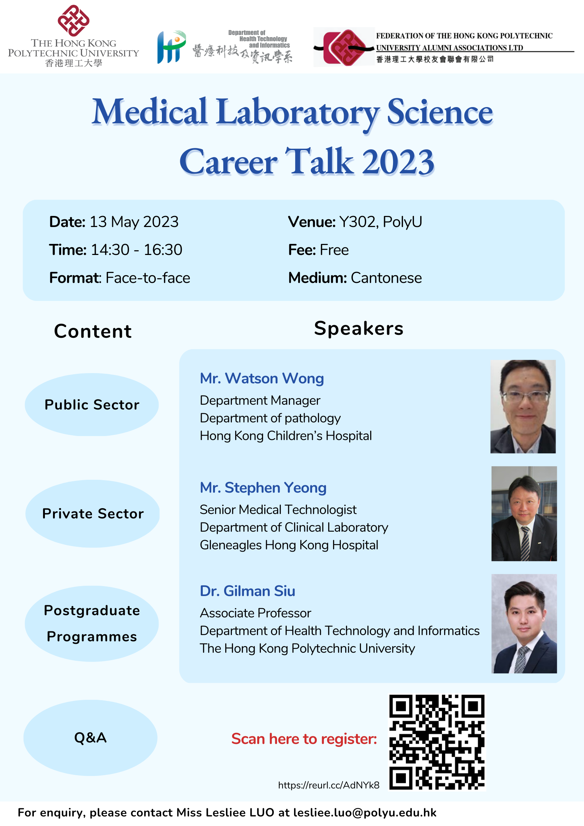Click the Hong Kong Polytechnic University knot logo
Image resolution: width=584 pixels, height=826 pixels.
(74, 21)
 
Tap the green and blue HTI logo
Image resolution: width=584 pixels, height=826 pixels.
(171, 47)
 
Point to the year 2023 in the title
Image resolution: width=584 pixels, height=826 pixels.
(398, 162)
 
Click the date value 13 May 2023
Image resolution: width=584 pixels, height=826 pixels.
(134, 222)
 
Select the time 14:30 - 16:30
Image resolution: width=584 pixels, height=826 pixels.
(137, 250)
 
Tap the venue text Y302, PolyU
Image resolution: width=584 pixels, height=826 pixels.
(381, 222)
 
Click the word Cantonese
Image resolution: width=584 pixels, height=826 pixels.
(386, 278)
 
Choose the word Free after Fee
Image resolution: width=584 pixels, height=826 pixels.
(334, 250)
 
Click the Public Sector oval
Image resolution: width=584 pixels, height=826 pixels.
(92, 405)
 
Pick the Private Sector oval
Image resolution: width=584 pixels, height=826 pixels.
(92, 514)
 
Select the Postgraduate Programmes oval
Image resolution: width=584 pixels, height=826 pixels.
(92, 624)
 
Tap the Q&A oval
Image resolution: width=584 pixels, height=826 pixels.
(90, 738)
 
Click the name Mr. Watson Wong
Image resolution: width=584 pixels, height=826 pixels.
(262, 379)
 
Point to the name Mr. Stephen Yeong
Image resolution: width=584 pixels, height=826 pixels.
(263, 488)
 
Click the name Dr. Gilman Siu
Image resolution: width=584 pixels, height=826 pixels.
(247, 591)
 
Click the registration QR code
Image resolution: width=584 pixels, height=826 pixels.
(437, 742)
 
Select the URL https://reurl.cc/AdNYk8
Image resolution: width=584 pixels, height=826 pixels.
(329, 785)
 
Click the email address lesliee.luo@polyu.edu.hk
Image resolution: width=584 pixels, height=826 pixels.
(365, 812)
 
